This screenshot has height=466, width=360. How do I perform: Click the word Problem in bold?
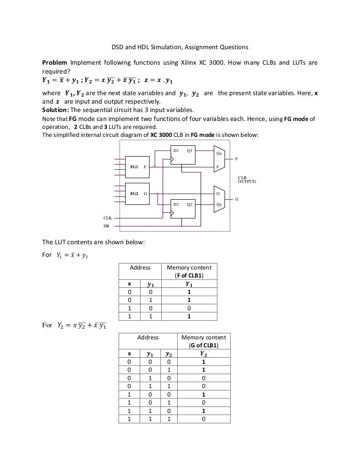[55, 63]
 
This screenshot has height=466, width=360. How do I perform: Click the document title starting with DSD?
[179, 47]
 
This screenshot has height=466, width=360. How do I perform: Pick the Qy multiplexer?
[219, 199]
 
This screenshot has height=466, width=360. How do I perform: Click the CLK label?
[107, 218]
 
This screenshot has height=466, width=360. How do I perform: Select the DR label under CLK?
[106, 226]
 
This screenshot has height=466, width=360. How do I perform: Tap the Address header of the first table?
[140, 268]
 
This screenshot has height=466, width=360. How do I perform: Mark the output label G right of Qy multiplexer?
[237, 199]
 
